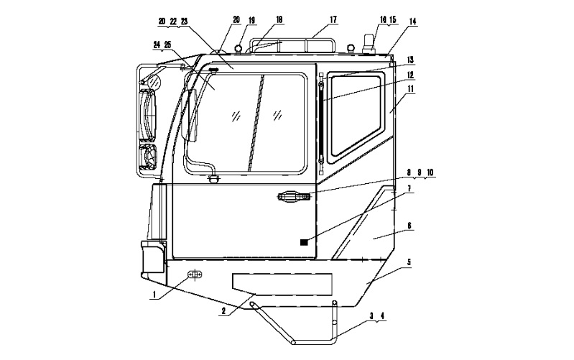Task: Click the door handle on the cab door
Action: click(x=295, y=197)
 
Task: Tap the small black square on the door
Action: click(x=304, y=242)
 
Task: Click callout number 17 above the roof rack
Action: click(x=333, y=19)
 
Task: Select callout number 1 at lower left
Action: click(x=154, y=294)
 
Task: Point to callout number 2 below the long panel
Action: click(x=223, y=312)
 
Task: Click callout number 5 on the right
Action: click(x=409, y=262)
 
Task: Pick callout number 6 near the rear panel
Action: click(x=409, y=225)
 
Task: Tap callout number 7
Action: click(x=409, y=188)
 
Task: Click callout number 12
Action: click(x=410, y=75)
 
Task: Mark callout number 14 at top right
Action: click(x=412, y=22)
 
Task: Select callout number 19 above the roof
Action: click(x=252, y=20)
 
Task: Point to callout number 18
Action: click(x=279, y=20)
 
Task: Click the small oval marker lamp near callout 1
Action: click(x=195, y=274)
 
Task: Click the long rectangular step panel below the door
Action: click(x=282, y=284)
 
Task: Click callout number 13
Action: click(x=410, y=60)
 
